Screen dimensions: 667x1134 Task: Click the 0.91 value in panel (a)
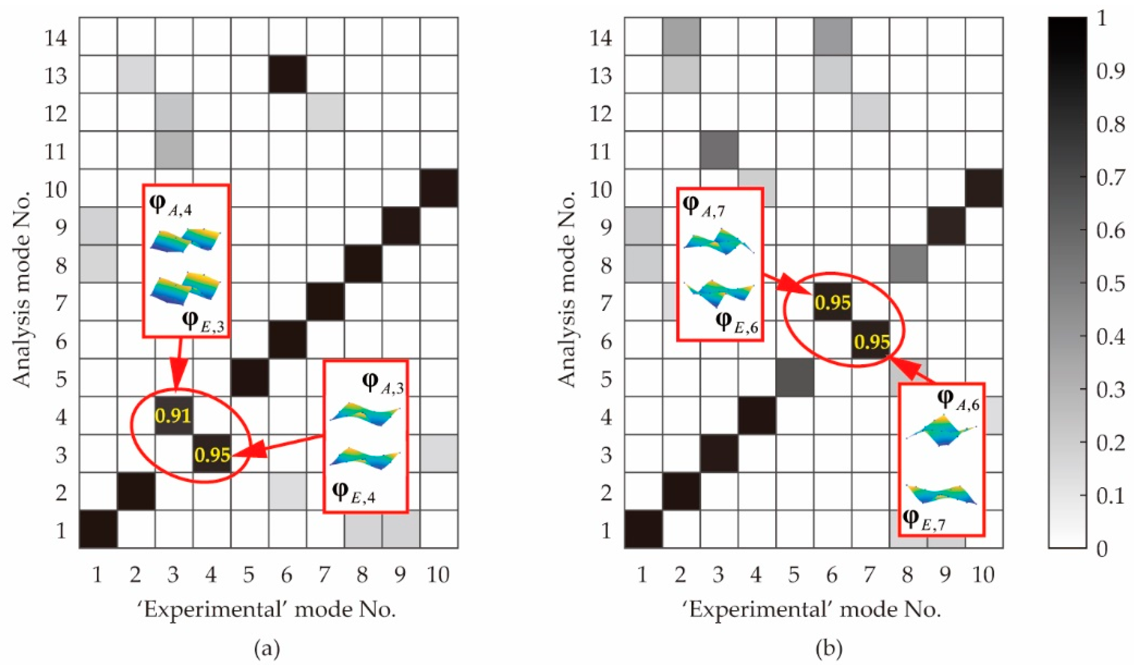tap(173, 416)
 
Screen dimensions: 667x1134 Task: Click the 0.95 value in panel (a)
tap(212, 455)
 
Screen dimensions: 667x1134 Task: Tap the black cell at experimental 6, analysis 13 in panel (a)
tap(288, 74)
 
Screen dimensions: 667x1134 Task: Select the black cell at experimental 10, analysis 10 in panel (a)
tap(439, 188)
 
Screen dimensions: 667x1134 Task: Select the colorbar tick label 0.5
tap(1110, 284)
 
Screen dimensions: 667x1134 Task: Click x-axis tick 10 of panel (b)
tap(984, 574)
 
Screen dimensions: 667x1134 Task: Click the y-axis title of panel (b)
tap(567, 288)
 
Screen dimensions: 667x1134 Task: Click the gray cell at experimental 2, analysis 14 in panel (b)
tap(681, 36)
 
